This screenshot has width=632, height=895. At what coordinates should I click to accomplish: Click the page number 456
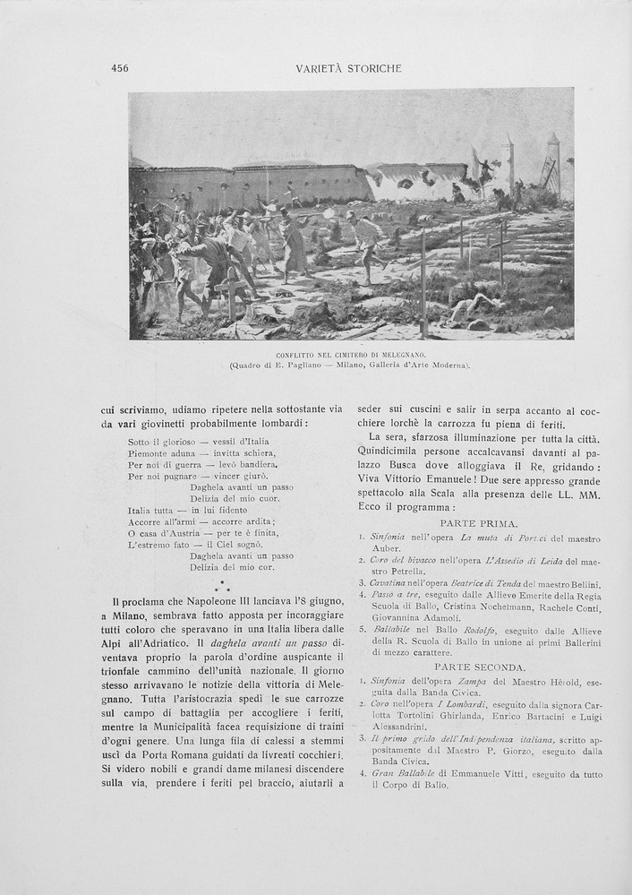[120, 68]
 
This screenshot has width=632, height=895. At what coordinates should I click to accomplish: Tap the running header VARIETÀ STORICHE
[348, 68]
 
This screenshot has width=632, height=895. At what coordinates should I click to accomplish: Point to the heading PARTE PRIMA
[478, 523]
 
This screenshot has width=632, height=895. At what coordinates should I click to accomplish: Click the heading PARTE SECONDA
[480, 667]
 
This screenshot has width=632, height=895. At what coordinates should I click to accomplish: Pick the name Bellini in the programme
[582, 584]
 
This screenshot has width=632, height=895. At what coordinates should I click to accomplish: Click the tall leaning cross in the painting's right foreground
[423, 278]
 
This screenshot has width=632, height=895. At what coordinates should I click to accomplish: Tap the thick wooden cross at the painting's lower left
[231, 291]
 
